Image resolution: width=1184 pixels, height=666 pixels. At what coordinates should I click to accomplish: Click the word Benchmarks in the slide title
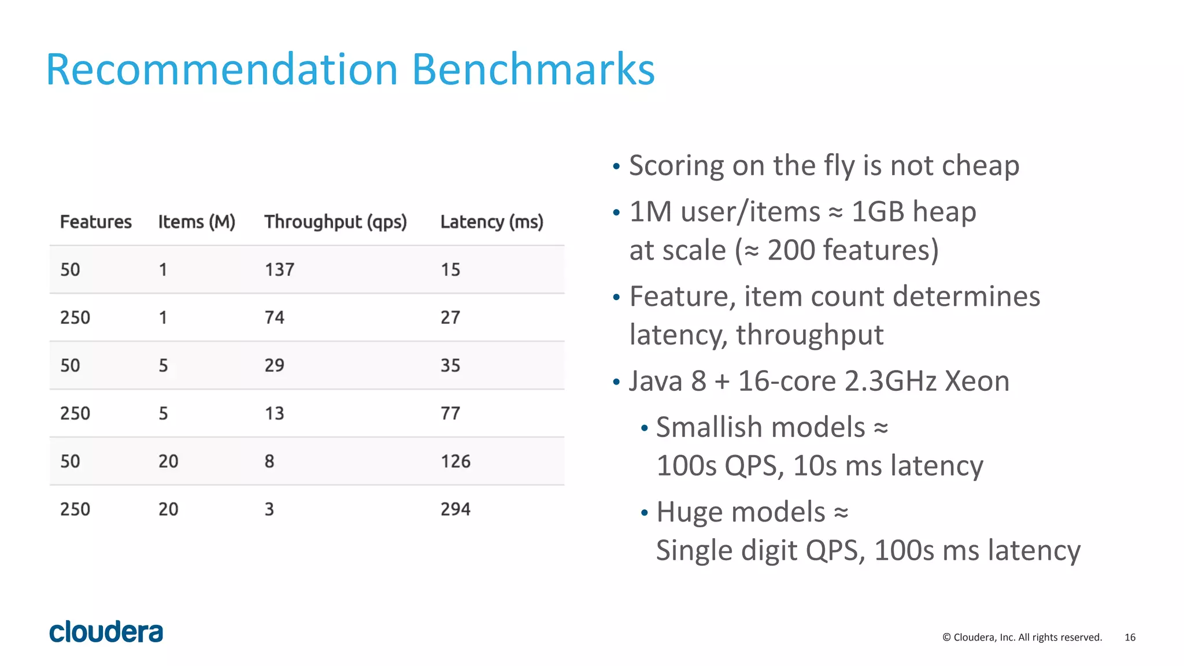pos(533,70)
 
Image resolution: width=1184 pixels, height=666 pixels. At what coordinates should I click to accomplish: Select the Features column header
pos(96,222)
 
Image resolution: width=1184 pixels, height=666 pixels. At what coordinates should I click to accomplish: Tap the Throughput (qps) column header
pos(335,222)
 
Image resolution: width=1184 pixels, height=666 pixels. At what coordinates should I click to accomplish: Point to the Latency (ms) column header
pos(491,222)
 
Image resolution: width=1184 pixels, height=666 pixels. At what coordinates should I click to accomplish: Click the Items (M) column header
pos(197,222)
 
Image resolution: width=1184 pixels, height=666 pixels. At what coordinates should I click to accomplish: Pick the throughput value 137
pos(279,270)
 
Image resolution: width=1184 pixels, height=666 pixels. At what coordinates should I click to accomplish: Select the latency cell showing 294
pos(456,509)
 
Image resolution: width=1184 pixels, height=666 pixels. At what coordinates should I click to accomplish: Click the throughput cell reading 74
pos(275,318)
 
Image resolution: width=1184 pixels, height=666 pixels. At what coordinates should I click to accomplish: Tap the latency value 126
pos(456,461)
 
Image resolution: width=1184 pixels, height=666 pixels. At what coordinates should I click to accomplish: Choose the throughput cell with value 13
pos(275,413)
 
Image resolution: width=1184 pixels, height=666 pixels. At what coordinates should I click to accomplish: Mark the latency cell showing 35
pos(450,365)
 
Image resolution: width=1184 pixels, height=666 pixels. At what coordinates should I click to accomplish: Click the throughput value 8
pos(269,461)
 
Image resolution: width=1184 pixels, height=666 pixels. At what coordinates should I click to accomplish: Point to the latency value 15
pos(450,270)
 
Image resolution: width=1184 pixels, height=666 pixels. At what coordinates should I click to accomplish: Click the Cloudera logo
pos(106,632)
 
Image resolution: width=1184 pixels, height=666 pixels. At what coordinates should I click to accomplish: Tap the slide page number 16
pos(1130,637)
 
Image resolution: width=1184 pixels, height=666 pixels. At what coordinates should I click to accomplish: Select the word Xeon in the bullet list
pos(977,382)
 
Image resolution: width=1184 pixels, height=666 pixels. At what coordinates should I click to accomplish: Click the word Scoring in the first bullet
pos(676,166)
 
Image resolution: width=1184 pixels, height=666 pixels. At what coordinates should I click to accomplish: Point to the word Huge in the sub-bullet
pos(683,513)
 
